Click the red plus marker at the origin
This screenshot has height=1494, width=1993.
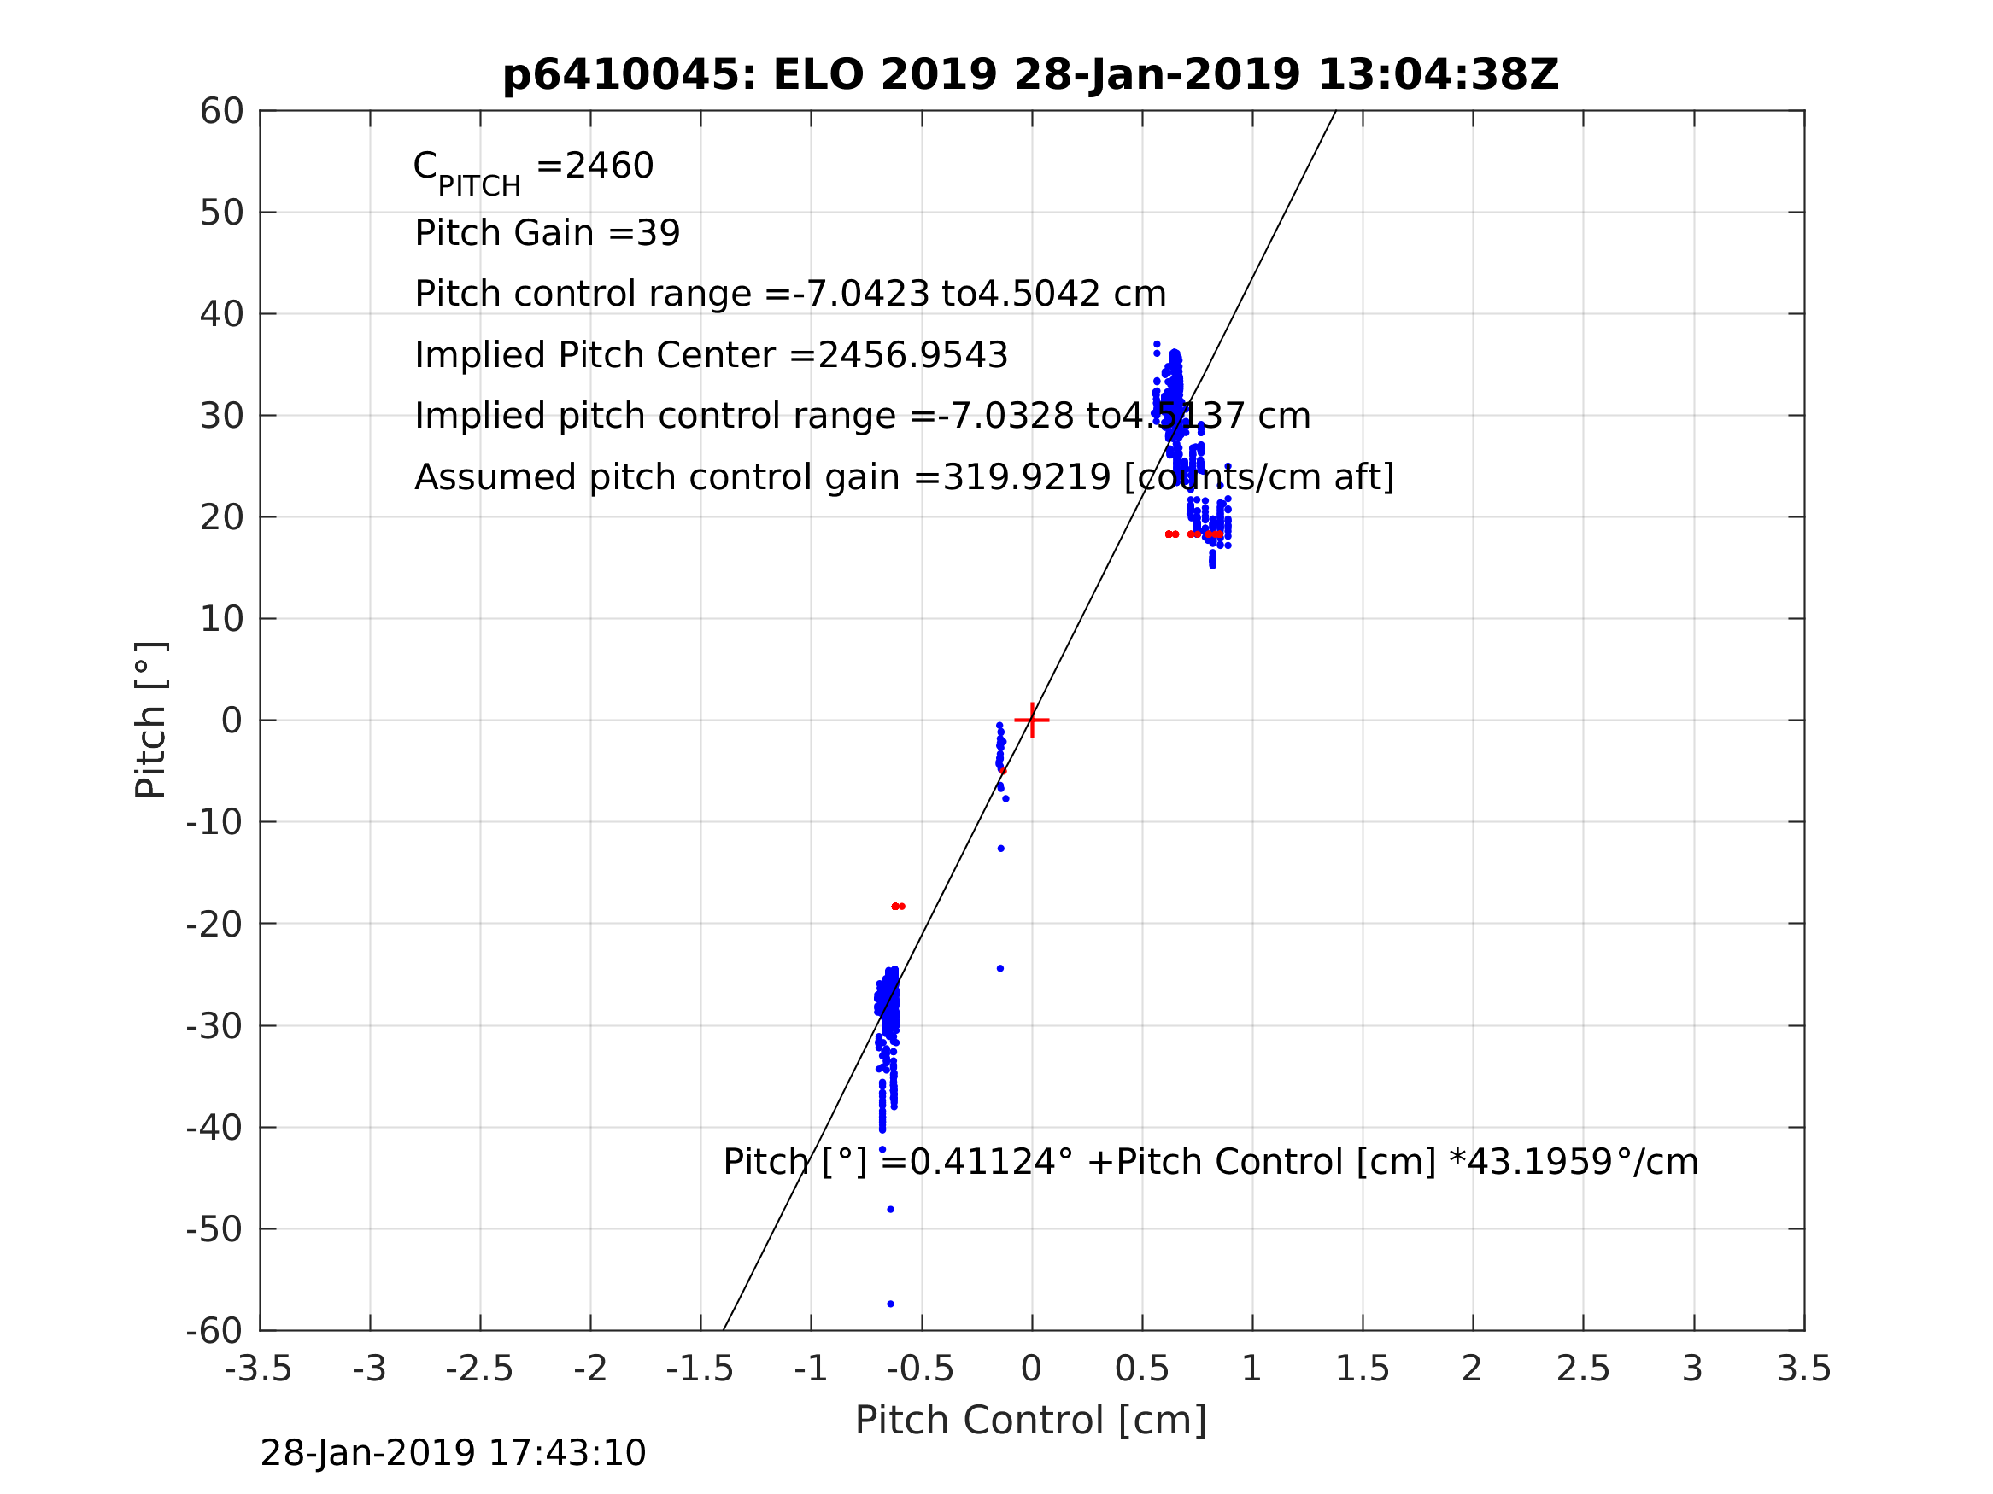point(1032,721)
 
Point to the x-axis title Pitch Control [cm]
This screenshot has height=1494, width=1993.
point(1031,1421)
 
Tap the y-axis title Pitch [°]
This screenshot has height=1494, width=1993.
point(150,721)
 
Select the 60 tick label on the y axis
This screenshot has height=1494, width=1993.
point(221,112)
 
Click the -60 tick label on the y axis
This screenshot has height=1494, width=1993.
point(214,1331)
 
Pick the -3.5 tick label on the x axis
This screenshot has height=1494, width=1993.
point(259,1369)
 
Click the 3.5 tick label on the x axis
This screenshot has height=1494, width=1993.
point(1804,1369)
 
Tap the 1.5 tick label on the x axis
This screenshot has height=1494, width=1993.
point(1363,1369)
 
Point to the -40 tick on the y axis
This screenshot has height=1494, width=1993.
point(214,1128)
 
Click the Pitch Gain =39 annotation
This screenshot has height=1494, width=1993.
point(547,233)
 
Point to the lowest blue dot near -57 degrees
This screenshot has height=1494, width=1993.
point(890,1304)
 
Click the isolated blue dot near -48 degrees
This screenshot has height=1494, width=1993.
point(890,1210)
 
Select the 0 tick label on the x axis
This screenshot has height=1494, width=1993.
point(1032,1369)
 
